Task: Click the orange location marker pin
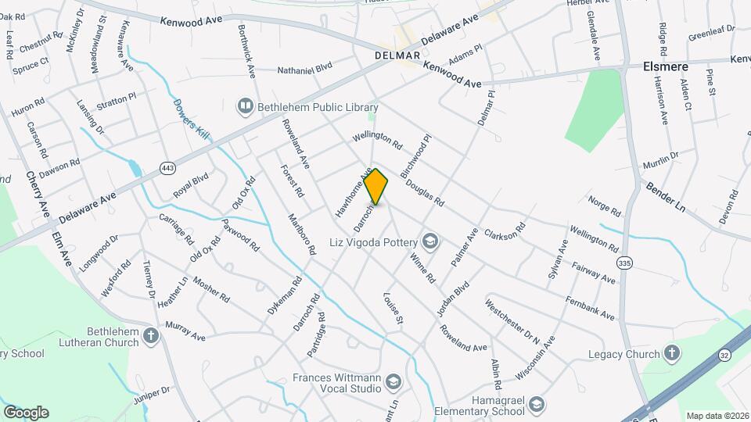point(376,187)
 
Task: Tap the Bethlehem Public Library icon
point(246,105)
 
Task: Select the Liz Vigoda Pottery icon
point(429,239)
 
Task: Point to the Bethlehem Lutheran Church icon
point(152,335)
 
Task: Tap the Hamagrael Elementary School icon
point(536,404)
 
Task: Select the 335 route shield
point(623,262)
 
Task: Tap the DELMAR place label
point(397,56)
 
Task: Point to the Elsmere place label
point(665,67)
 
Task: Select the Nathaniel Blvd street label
point(305,70)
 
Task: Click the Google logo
point(26,412)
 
